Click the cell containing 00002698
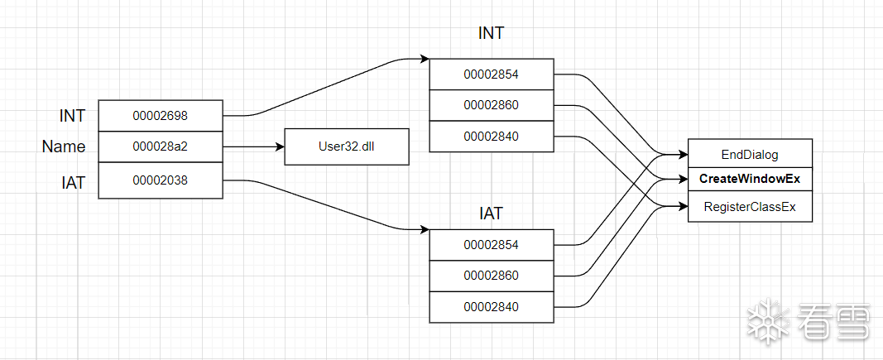click(161, 116)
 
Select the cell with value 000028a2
click(161, 147)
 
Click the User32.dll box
click(347, 147)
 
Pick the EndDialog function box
click(750, 154)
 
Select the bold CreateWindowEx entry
click(750, 179)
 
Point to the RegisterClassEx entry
click(750, 207)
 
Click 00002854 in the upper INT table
click(492, 74)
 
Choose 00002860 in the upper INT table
click(492, 105)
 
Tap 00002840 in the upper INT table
click(492, 137)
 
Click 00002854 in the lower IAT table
click(492, 244)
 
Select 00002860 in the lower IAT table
click(492, 276)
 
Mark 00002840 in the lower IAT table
click(492, 307)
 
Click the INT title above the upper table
click(492, 34)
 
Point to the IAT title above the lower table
click(492, 214)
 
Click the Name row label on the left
click(64, 147)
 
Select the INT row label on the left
click(72, 116)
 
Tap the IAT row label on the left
click(73, 183)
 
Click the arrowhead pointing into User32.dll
click(279, 147)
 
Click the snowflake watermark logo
click(768, 321)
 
